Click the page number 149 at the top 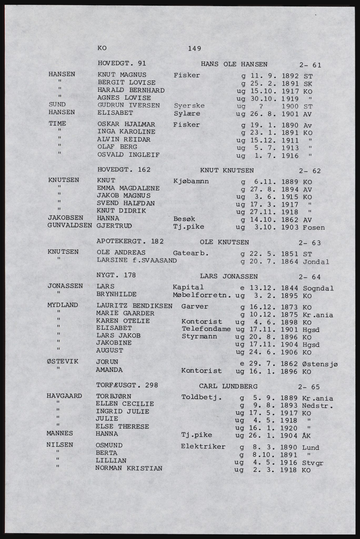point(195,49)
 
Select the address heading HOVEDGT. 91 point(122,63)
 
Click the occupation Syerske point(189,106)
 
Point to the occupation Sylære point(187,114)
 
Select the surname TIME point(57,124)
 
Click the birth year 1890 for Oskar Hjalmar point(290,125)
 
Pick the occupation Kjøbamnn point(191,181)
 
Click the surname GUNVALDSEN point(70,226)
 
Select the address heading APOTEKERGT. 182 point(130,241)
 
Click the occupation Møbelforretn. point(202,295)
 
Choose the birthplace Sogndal point(318,288)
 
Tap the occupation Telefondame point(206,329)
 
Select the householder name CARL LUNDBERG point(228,386)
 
